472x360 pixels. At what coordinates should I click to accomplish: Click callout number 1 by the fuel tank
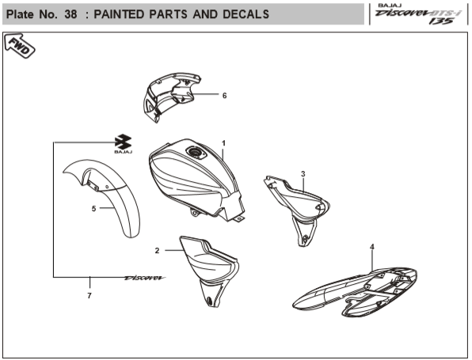224,143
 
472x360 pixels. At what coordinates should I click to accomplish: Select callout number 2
158,250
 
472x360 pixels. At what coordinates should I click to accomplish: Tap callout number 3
303,173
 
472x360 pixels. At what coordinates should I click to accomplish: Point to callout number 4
371,247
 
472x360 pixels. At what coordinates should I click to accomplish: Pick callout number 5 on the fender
93,209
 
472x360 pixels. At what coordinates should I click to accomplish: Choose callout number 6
224,95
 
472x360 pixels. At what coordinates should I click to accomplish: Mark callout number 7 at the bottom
89,295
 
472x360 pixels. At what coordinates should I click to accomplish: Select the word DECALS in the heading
240,14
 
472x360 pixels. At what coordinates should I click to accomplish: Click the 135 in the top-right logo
441,21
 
